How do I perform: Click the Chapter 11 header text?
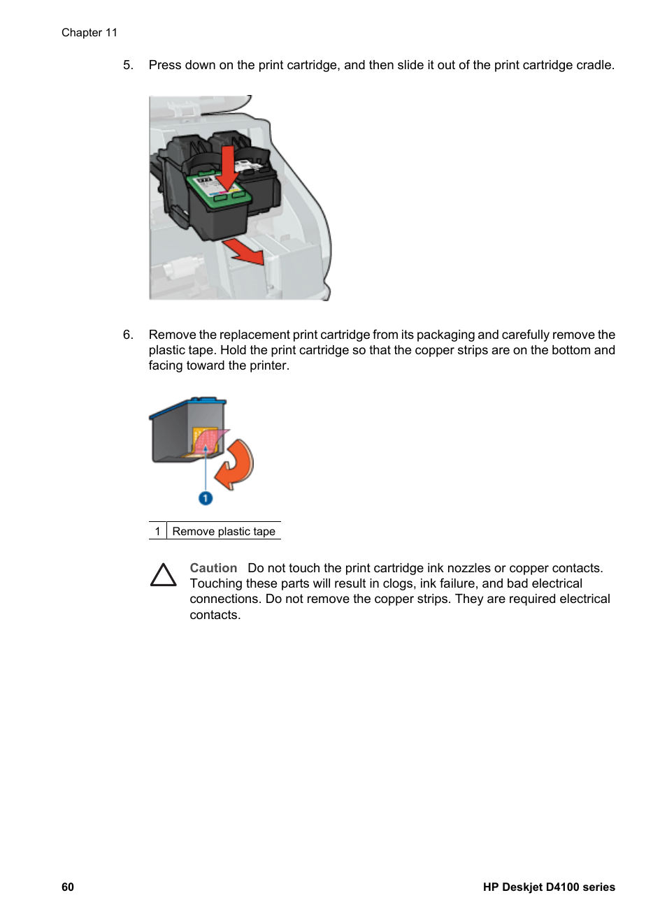tap(89, 33)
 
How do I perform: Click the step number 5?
tap(127, 65)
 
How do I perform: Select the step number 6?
tap(127, 335)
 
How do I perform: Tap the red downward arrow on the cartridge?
tap(227, 168)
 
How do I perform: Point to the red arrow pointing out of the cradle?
tap(245, 251)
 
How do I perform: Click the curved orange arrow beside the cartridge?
tap(236, 464)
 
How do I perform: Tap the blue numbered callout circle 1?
tap(206, 498)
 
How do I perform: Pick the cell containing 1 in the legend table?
tap(157, 531)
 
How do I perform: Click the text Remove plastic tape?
tap(224, 531)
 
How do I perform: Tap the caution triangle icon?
tap(164, 575)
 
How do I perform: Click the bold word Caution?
tap(213, 568)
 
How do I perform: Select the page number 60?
tap(68, 887)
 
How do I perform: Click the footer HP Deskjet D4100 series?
tap(549, 887)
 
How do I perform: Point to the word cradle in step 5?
tap(594, 65)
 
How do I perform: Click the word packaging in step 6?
tap(445, 335)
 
